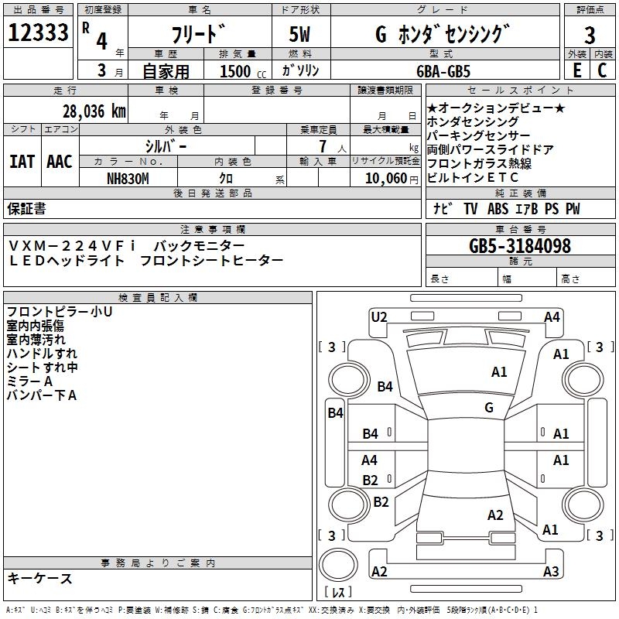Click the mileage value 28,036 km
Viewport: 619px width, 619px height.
[x=94, y=111]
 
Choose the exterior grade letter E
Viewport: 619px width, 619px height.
[x=576, y=70]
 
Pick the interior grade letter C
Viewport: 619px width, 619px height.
[x=602, y=70]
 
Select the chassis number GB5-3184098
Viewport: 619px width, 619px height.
[x=520, y=246]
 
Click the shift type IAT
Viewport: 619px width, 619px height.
[x=22, y=162]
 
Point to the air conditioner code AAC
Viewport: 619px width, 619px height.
[x=59, y=162]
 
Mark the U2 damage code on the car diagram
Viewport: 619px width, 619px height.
[x=378, y=316]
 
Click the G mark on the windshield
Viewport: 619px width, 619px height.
[x=489, y=407]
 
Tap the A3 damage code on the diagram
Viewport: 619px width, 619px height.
[x=551, y=572]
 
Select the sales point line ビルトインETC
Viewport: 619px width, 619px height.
[x=473, y=178]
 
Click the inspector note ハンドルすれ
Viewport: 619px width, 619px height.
[x=42, y=354]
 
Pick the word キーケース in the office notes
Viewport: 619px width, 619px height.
[x=39, y=579]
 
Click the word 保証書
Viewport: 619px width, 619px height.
[x=26, y=209]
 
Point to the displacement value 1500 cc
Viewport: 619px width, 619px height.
[x=241, y=72]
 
